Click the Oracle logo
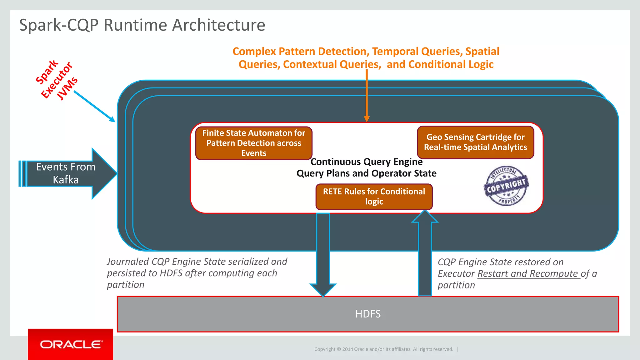pos(71,344)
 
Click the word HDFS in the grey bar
pos(368,314)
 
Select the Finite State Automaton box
pos(254,143)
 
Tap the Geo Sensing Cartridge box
pos(475,142)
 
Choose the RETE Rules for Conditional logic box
pos(374,197)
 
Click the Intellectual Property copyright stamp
pos(506,186)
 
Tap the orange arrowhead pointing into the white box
pos(367,119)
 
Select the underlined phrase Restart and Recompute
pos(528,273)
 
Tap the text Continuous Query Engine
pos(366,162)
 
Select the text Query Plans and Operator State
pos(366,173)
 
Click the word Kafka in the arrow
pos(66,180)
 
